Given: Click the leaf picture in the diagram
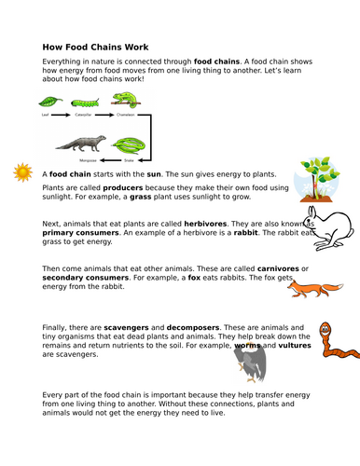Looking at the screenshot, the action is [48, 102].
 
